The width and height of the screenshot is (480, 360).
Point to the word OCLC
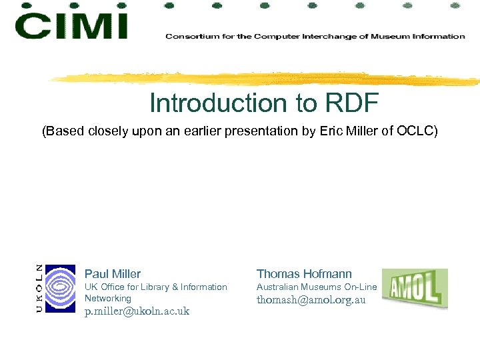417,131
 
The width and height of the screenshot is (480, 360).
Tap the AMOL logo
415,288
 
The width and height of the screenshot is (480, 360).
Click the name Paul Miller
113,274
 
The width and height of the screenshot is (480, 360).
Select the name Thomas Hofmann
304,274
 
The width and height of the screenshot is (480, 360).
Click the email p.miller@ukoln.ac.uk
137,311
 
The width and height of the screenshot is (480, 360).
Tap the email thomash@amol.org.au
311,300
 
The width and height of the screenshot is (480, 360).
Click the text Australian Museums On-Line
317,287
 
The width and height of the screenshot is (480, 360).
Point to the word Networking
108,299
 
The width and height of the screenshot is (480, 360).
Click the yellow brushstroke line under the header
267,79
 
